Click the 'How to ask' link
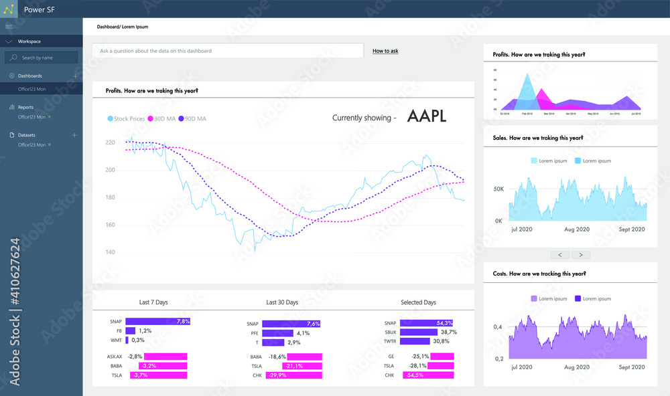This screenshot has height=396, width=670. coord(385,51)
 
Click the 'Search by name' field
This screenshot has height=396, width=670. coord(42,58)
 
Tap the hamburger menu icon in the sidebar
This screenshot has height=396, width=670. coord(9,26)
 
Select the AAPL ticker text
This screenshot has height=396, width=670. coord(426,116)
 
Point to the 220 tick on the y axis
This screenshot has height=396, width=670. coord(110,142)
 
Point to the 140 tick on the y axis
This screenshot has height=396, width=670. coord(110,252)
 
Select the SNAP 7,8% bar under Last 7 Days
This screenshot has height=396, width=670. coord(157,322)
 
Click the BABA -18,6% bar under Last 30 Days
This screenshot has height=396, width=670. coord(295,357)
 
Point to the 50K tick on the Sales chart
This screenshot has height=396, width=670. coord(498,189)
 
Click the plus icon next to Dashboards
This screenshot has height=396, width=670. coord(75,76)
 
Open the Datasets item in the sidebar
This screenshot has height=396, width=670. coord(27,135)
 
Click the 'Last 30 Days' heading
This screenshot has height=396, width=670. coord(281,302)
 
